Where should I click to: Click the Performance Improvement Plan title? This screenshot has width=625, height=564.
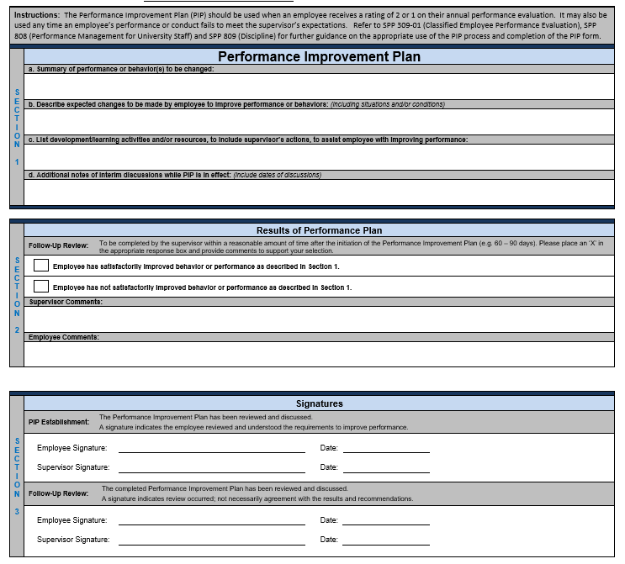(x=319, y=57)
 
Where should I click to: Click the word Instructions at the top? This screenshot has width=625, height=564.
(x=37, y=16)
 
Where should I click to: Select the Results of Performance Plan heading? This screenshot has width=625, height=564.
(x=319, y=230)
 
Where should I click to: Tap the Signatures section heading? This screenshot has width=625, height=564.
(x=319, y=403)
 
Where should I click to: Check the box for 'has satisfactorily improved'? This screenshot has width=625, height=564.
(x=41, y=266)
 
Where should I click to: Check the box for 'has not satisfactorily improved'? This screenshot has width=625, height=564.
(x=41, y=287)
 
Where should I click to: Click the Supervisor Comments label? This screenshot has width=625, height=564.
(x=66, y=302)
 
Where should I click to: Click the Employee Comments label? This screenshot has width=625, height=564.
(x=64, y=337)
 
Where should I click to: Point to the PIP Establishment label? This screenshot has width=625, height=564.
(x=59, y=422)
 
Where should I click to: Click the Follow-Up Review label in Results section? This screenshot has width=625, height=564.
(x=58, y=246)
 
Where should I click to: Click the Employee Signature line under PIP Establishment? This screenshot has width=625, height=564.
(x=211, y=450)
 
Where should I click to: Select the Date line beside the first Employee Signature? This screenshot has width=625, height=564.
(x=385, y=450)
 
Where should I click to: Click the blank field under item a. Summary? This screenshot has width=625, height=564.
(x=319, y=87)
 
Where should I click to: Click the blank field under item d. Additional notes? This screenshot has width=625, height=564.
(x=319, y=192)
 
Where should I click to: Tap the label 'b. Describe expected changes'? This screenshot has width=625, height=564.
(x=177, y=104)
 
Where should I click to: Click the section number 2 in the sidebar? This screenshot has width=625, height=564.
(x=17, y=330)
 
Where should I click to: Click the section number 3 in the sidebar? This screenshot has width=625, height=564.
(x=17, y=509)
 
